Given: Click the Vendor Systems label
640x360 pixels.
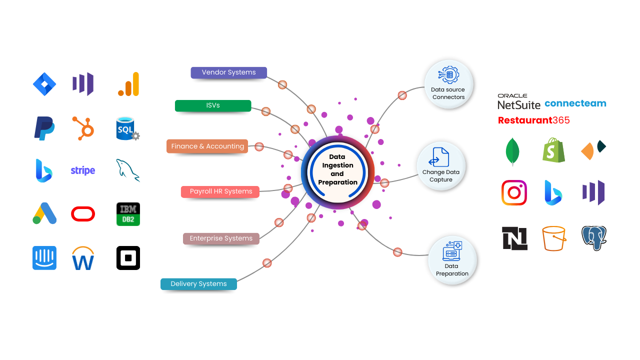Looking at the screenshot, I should click(x=228, y=72).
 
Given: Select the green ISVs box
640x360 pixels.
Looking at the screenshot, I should click(x=213, y=105).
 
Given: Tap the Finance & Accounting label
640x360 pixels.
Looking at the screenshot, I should click(x=207, y=146).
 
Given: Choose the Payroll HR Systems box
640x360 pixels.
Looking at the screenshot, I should click(x=220, y=191).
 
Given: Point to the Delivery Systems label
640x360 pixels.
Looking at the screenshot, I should click(x=198, y=284).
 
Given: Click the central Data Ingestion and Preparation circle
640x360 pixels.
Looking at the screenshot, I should click(x=337, y=170).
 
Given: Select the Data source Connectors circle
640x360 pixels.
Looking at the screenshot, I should click(x=448, y=84).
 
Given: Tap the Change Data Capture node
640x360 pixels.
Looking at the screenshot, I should click(x=440, y=166).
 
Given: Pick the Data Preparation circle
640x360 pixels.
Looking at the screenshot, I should click(x=452, y=260).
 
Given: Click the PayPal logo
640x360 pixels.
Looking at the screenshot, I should click(x=44, y=128).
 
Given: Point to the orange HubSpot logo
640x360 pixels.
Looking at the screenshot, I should click(x=83, y=127).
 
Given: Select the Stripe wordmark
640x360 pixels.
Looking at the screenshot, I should click(x=83, y=170).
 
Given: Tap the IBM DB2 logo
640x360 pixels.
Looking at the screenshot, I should click(x=128, y=215).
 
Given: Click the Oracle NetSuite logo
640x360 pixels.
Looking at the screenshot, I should click(x=518, y=101).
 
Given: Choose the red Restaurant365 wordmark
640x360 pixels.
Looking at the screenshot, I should click(x=533, y=120).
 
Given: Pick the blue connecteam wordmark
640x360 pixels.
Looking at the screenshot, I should click(x=575, y=103).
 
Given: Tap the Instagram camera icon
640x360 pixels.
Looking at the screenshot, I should click(x=514, y=193).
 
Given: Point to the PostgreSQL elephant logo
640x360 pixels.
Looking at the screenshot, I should click(x=594, y=238).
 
